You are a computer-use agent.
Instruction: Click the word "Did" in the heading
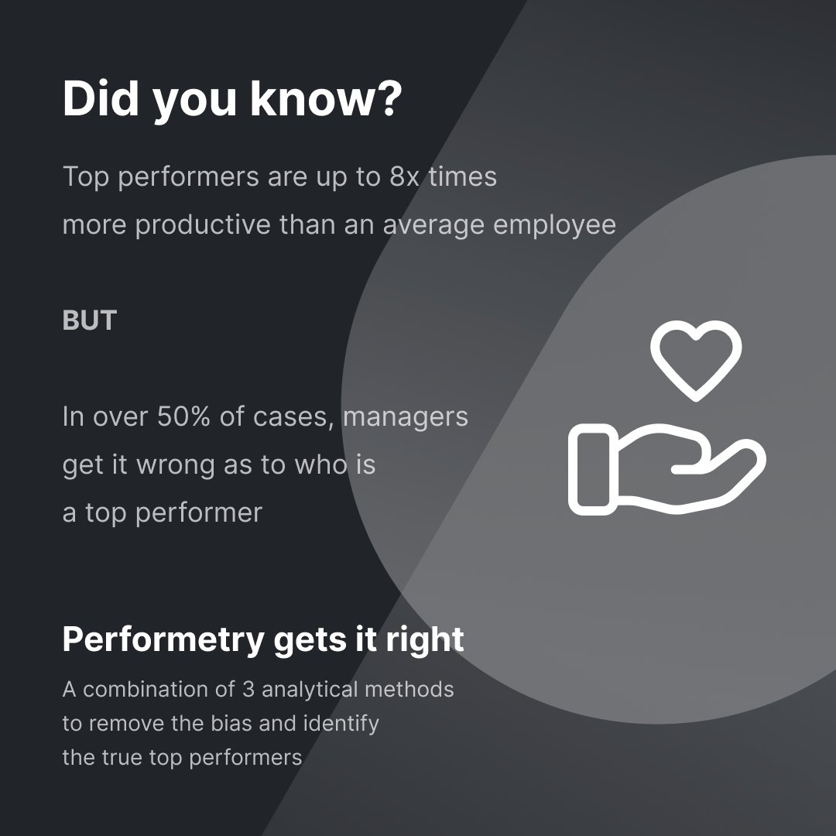pos(101,99)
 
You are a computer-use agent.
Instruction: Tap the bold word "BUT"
pos(89,320)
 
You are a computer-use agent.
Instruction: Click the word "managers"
pos(405,416)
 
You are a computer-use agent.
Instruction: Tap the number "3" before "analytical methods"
pos(249,689)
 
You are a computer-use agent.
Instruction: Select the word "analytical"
pos(309,689)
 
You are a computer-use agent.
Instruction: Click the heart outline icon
pos(696,359)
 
